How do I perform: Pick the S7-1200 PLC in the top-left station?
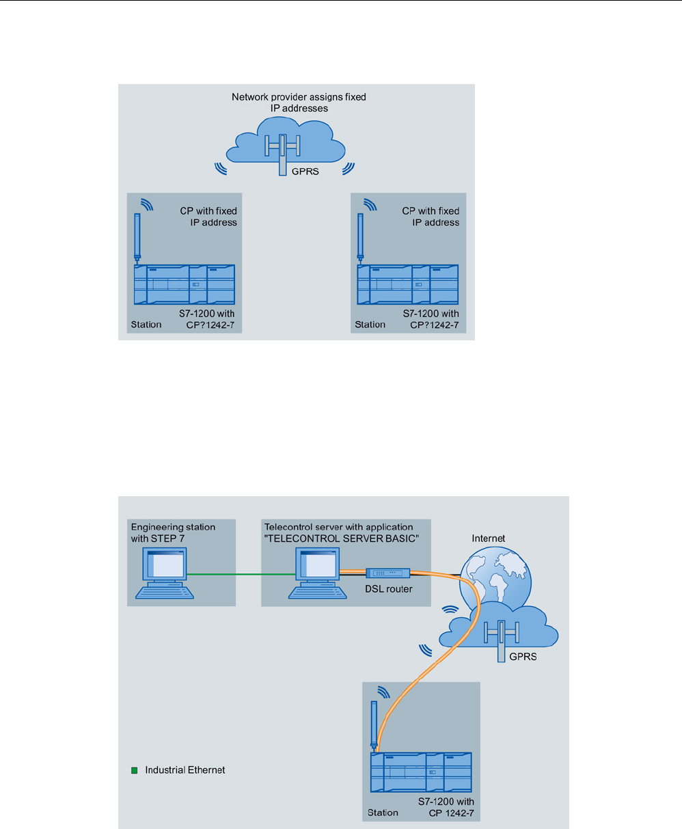[x=185, y=284]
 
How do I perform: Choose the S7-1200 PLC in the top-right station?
[x=408, y=284]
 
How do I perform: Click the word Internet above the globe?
[x=488, y=539]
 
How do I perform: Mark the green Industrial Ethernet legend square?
[x=135, y=770]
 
